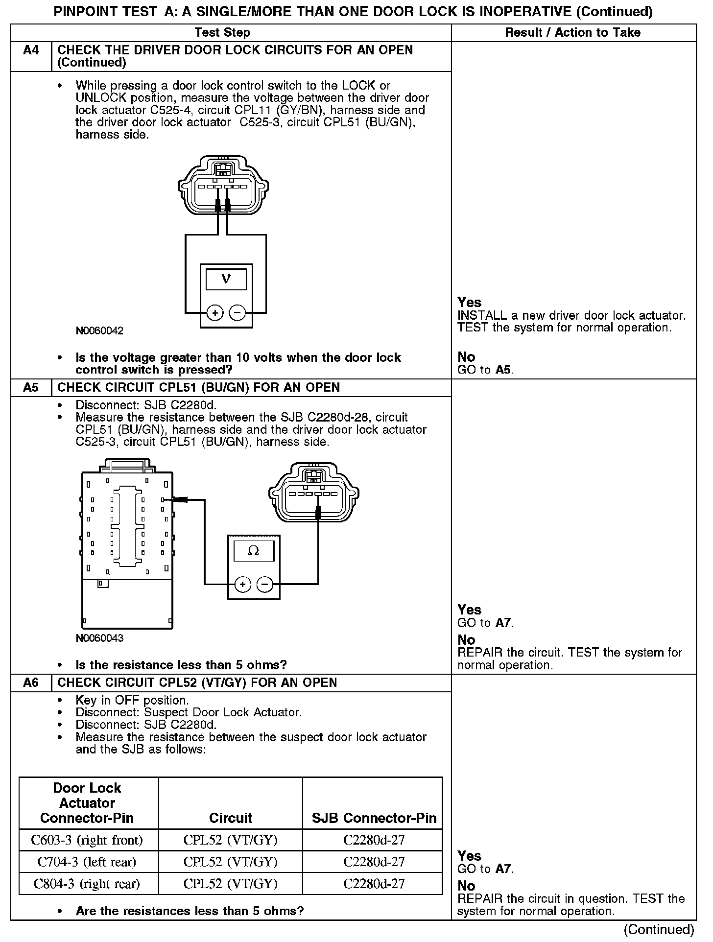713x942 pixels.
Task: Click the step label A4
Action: coord(31,50)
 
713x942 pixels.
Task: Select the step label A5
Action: coord(31,388)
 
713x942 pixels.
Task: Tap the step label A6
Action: coord(31,683)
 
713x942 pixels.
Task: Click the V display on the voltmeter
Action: coord(226,279)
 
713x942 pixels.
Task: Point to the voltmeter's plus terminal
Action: coord(215,312)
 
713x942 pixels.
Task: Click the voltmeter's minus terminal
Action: coord(238,312)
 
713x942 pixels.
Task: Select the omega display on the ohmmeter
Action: coord(253,551)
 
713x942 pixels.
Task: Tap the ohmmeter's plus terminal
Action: coord(242,584)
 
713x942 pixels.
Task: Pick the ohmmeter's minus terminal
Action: coord(265,584)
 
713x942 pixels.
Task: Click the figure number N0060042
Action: coord(99,331)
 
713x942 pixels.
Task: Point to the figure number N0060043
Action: coord(99,638)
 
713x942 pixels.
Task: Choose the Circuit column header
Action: coord(231,818)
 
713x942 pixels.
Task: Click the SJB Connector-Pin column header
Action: coord(374,818)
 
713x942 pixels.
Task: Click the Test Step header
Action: coord(222,33)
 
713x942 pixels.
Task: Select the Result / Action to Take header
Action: coord(573,33)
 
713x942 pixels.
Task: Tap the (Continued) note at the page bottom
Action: coord(659,930)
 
